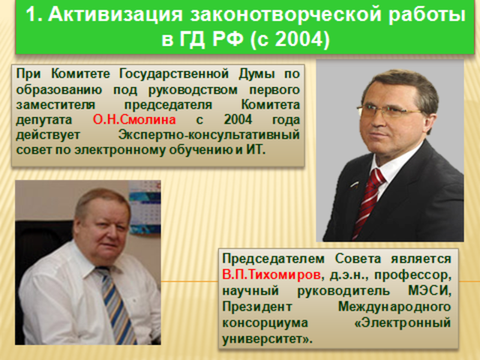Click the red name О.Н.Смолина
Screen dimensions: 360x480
134,119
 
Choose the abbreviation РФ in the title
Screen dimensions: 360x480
229,38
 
